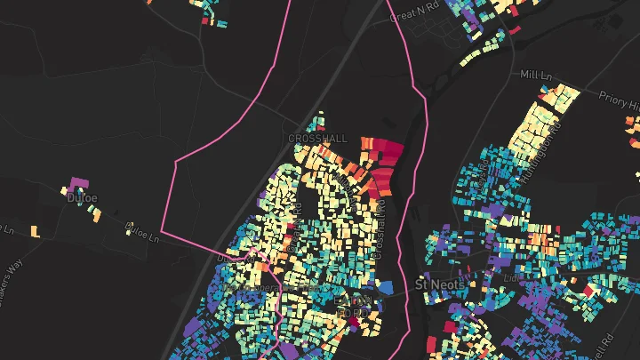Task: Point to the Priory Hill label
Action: [x=621, y=104]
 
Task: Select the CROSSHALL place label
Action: [x=318, y=140]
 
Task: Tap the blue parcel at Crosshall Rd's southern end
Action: [x=385, y=286]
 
